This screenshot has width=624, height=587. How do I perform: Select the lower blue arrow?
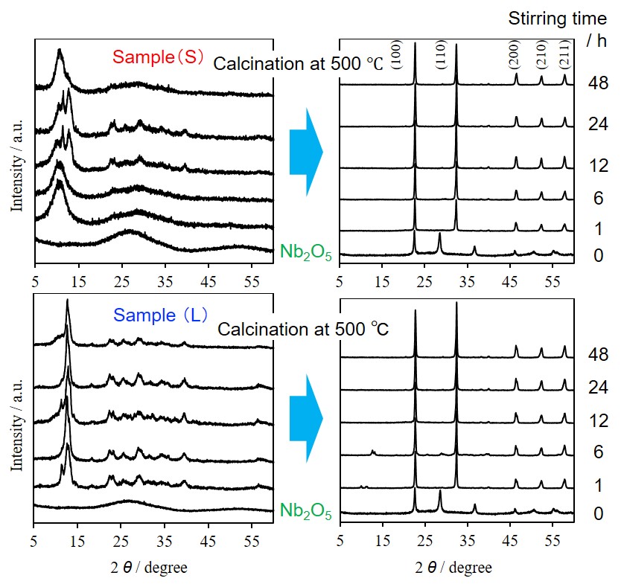[306, 419]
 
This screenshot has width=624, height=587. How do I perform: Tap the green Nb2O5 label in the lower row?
[305, 511]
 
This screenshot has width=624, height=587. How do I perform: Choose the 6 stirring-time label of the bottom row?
[597, 452]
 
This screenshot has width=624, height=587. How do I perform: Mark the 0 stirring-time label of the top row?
[597, 257]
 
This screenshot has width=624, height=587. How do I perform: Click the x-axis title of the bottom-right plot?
[456, 568]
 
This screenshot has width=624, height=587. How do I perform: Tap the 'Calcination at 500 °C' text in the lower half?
[303, 328]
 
